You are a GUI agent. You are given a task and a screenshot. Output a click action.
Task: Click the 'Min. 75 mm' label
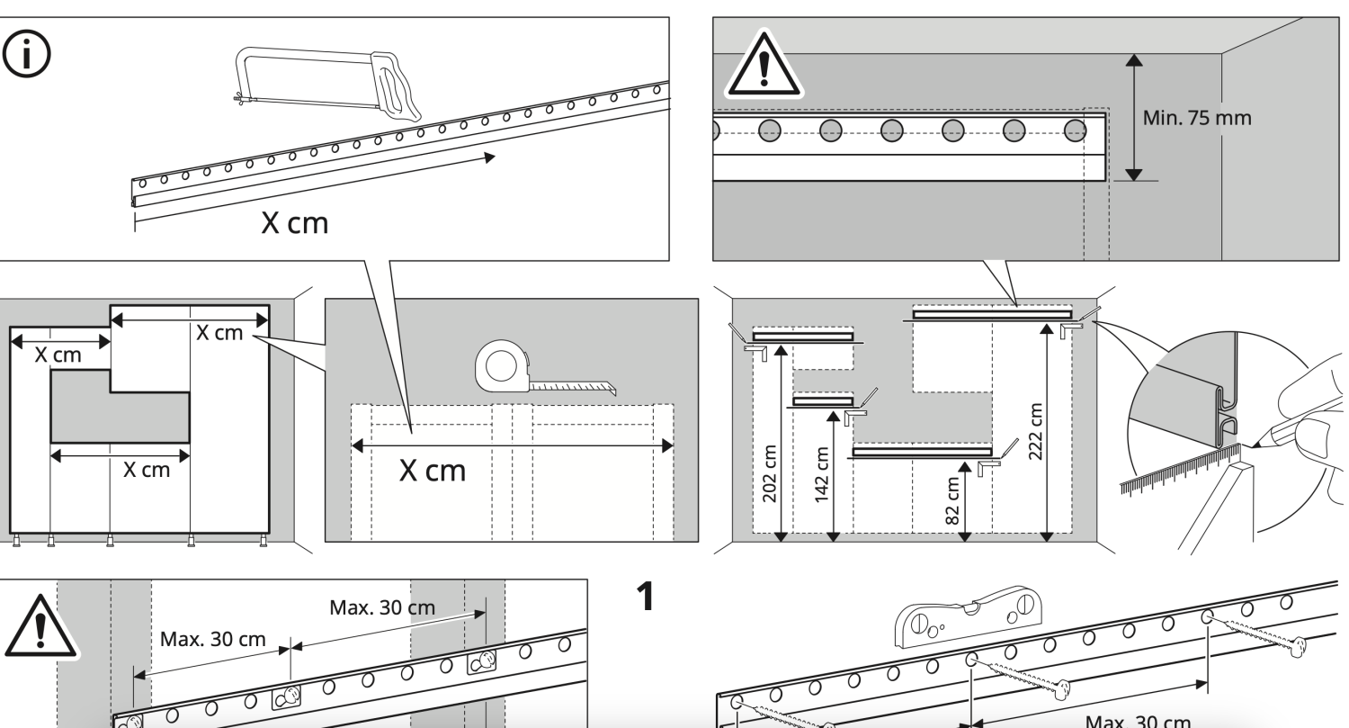1196,118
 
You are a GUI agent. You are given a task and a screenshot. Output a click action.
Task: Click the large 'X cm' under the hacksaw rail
294,223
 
